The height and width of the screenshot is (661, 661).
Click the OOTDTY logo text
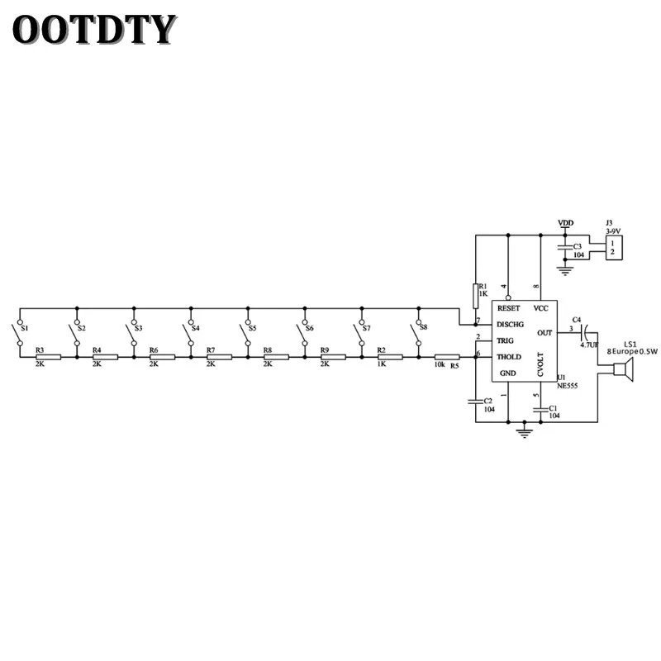tap(94, 30)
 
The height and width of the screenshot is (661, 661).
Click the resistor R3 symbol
tap(48, 358)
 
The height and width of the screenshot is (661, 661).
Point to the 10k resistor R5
tap(447, 358)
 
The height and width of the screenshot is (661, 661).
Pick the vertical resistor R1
tap(475, 296)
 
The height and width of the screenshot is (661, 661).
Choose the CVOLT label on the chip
tap(540, 364)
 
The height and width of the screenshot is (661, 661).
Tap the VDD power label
tap(566, 223)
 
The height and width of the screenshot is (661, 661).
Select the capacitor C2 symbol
tap(475, 401)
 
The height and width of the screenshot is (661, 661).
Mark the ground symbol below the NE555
tap(524, 431)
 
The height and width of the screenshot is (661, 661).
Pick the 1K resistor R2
tap(390, 358)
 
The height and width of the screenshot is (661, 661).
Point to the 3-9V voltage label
tap(613, 231)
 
